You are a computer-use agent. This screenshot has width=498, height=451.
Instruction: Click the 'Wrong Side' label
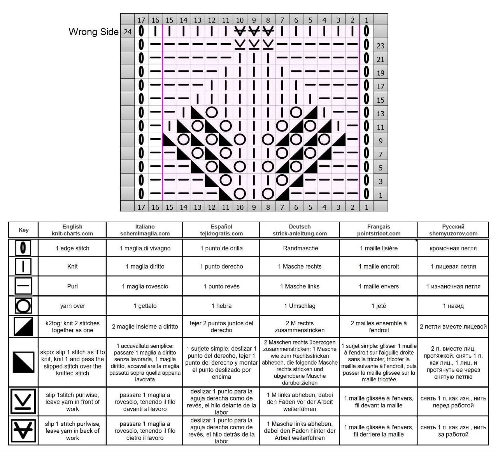tap(94, 32)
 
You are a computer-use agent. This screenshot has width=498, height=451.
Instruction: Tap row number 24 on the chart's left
tap(127, 32)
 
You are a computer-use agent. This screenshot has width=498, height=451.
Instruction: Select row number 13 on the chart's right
tap(381, 114)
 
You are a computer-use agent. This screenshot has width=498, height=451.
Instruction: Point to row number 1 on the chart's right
tap(381, 195)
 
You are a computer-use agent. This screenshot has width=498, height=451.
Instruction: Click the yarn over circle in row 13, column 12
tap(212, 112)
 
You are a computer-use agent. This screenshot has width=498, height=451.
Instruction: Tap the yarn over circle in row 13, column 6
tap(296, 112)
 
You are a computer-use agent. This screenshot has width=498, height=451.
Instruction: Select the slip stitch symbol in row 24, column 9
tap(254, 31)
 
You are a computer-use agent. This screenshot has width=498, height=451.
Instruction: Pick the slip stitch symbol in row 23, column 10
tap(240, 44)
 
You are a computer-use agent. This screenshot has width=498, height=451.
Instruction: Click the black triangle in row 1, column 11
tap(226, 194)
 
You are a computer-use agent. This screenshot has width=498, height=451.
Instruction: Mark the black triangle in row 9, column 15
tap(170, 140)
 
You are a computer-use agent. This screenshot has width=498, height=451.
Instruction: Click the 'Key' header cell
tap(24, 230)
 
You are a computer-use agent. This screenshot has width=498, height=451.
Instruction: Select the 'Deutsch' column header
tap(300, 230)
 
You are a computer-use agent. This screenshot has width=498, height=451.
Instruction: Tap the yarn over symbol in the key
tap(23, 306)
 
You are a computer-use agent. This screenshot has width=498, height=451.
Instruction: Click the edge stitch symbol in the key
tap(23, 248)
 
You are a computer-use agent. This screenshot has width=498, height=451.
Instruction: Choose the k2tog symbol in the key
tap(23, 326)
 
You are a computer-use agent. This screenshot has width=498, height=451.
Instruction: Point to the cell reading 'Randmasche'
tap(300, 248)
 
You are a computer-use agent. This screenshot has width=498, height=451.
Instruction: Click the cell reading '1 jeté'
tap(379, 306)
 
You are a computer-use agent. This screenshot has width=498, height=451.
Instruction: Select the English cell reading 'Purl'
tap(72, 286)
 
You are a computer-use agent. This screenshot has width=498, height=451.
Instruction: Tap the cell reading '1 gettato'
tap(145, 306)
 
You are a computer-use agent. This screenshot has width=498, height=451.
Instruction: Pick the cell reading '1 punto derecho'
tap(221, 267)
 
